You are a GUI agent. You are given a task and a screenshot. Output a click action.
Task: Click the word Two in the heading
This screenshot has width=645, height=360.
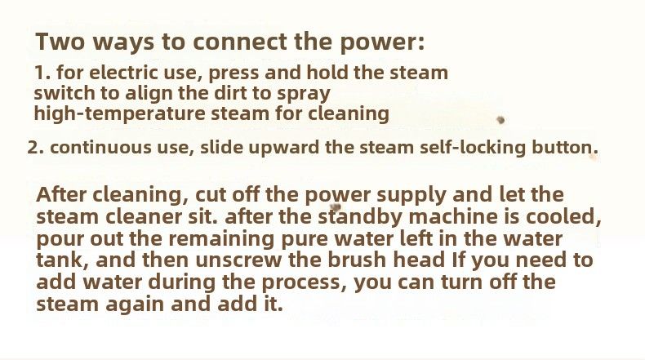pos(60,41)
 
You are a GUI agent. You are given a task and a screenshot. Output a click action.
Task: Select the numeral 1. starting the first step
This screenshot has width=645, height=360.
pos(42,73)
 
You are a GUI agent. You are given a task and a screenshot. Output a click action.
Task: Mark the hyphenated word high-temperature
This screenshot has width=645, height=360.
pos(119,114)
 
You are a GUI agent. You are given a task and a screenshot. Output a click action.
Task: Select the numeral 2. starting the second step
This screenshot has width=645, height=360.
pos(36,148)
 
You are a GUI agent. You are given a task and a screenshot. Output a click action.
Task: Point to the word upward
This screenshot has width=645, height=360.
pos(284,147)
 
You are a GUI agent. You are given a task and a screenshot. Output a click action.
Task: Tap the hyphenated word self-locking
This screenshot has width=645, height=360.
pos(473,148)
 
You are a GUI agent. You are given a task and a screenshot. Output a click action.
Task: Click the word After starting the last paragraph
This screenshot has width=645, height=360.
pos(61,194)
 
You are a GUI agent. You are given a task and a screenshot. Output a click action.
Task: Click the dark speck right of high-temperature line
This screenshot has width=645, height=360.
pos(500,120)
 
